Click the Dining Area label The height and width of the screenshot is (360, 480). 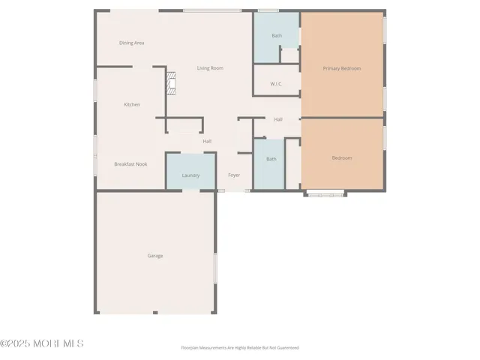(131, 43)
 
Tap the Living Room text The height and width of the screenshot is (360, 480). (210, 68)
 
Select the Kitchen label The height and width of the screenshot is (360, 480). (132, 104)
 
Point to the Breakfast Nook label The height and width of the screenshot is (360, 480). (130, 163)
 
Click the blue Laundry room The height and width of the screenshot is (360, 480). (190, 172)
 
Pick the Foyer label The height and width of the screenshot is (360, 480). (234, 175)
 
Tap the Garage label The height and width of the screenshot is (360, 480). (154, 256)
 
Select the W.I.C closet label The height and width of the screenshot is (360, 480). (276, 83)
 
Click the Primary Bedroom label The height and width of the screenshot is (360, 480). (342, 68)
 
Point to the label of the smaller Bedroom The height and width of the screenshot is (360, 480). (342, 157)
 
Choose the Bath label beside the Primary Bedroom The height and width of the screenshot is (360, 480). (277, 35)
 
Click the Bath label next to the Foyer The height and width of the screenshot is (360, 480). (271, 158)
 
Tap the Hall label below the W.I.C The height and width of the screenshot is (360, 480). (278, 119)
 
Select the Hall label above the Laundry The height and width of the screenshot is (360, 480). (207, 141)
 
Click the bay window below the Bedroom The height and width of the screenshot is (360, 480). (325, 194)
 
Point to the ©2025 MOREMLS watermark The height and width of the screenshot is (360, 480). (42, 343)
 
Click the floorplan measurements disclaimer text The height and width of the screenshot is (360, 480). (240, 347)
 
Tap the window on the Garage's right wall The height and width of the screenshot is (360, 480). (215, 268)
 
